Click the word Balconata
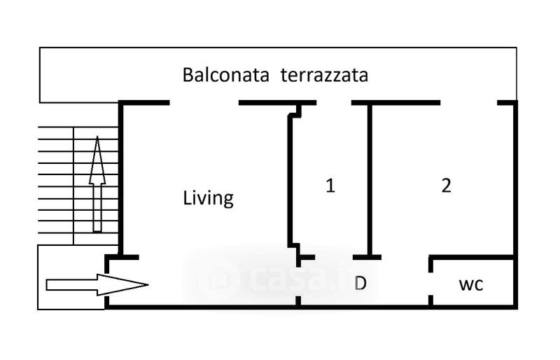(x=226, y=75)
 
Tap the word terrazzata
(x=324, y=75)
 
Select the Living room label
(x=208, y=198)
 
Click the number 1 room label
(x=330, y=186)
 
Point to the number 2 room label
(x=446, y=186)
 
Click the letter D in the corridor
(x=360, y=284)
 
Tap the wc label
(x=471, y=285)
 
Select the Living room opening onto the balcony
(x=204, y=103)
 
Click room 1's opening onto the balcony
(x=333, y=103)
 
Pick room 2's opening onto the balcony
(x=468, y=103)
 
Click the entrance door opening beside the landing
(x=106, y=284)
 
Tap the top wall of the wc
(x=472, y=258)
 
